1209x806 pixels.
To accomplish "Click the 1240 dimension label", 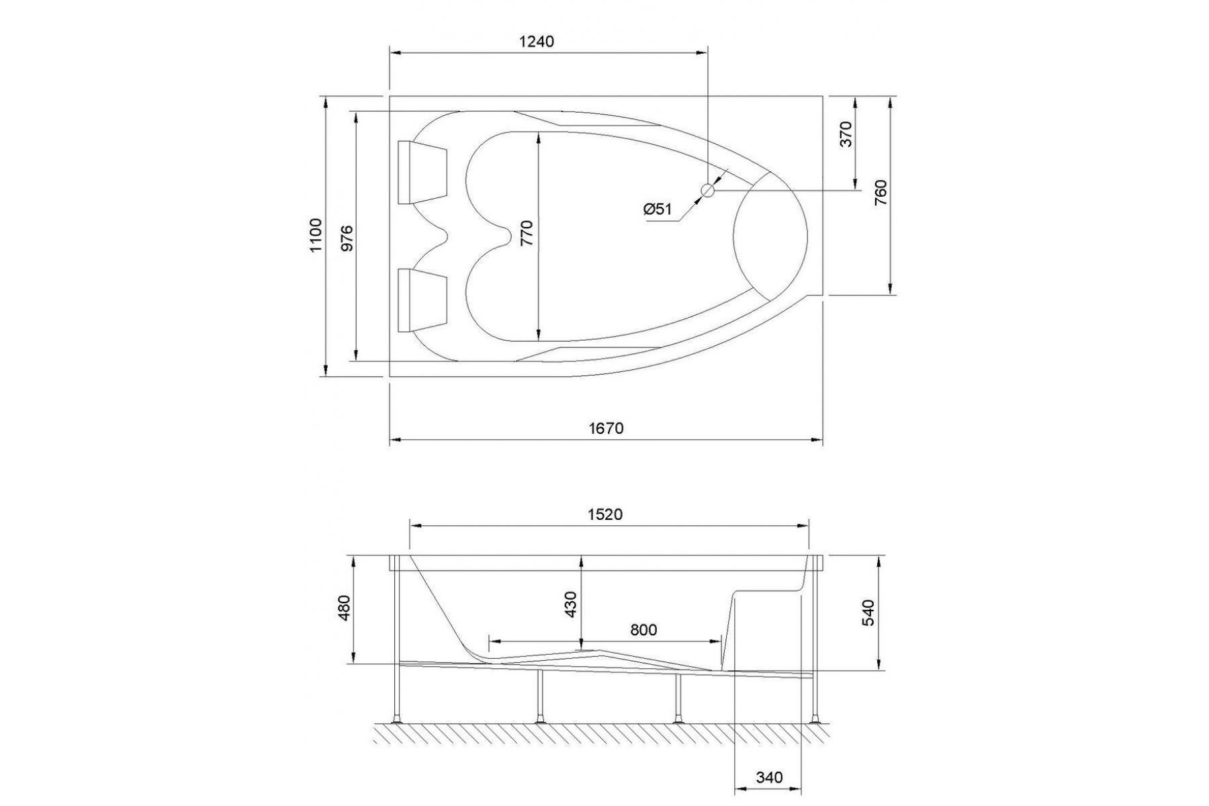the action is pos(537,41).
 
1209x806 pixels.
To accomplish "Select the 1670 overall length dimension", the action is pos(606,428).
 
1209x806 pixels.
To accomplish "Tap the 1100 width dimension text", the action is pos(316,235).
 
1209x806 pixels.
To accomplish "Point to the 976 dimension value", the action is pos(347,238).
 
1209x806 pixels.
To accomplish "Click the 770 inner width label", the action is pos(526,232).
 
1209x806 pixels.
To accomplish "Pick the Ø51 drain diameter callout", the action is pos(658,209).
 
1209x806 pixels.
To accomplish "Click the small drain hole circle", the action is pos(708,191).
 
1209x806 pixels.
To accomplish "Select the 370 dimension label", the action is pos(846,134).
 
